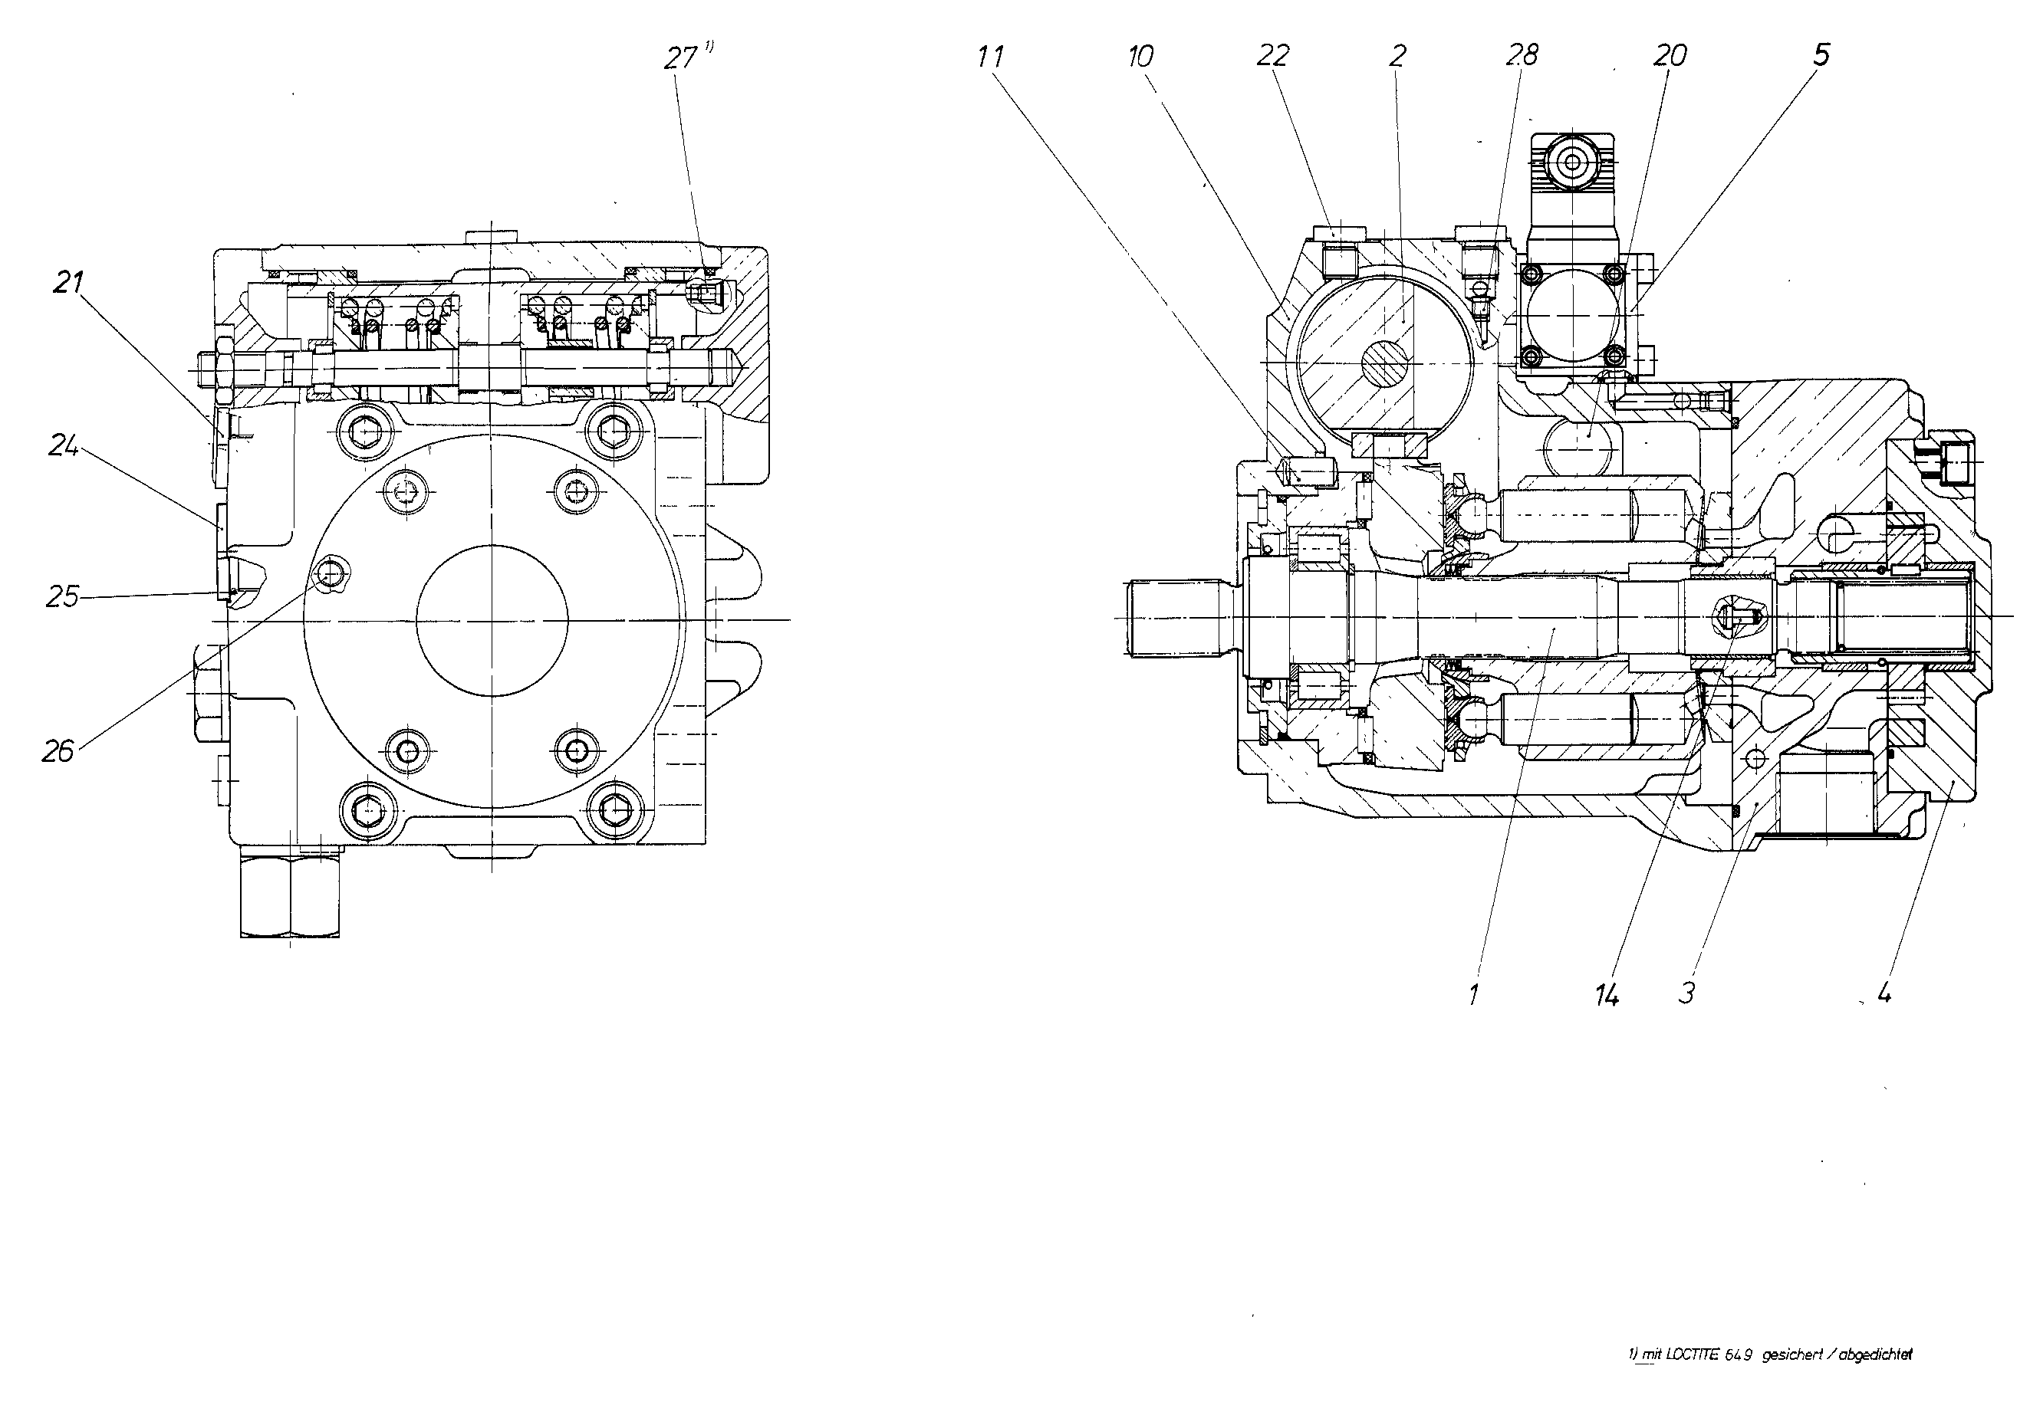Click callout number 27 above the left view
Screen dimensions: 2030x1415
pyautogui.click(x=682, y=57)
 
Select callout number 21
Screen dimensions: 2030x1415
pyautogui.click(x=69, y=284)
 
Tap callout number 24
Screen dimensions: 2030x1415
pyautogui.click(x=64, y=446)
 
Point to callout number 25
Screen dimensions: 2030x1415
pyautogui.click(x=62, y=596)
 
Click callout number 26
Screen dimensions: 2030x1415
pyautogui.click(x=58, y=751)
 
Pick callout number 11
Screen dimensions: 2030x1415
pyautogui.click(x=991, y=57)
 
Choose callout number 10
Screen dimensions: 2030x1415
pyautogui.click(x=1140, y=57)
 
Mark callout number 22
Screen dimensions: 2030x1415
pyautogui.click(x=1273, y=57)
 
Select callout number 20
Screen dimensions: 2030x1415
pyautogui.click(x=1670, y=56)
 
